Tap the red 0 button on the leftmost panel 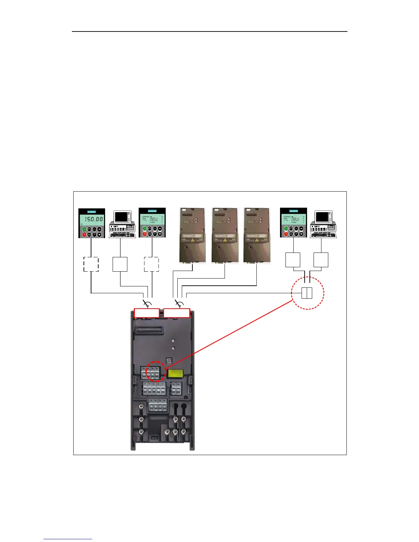coord(84,234)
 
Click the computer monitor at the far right coord(322,217)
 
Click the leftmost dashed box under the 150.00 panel coord(91,264)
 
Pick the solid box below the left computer coord(120,264)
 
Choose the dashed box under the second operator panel coord(151,264)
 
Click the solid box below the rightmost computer coord(321,260)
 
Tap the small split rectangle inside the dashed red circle coord(307,293)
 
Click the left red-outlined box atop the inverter coord(147,313)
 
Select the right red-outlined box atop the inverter coord(177,313)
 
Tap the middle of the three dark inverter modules coord(225,235)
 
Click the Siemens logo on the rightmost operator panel coord(294,211)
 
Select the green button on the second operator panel coord(144,229)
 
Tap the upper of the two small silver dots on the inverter coord(174,341)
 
